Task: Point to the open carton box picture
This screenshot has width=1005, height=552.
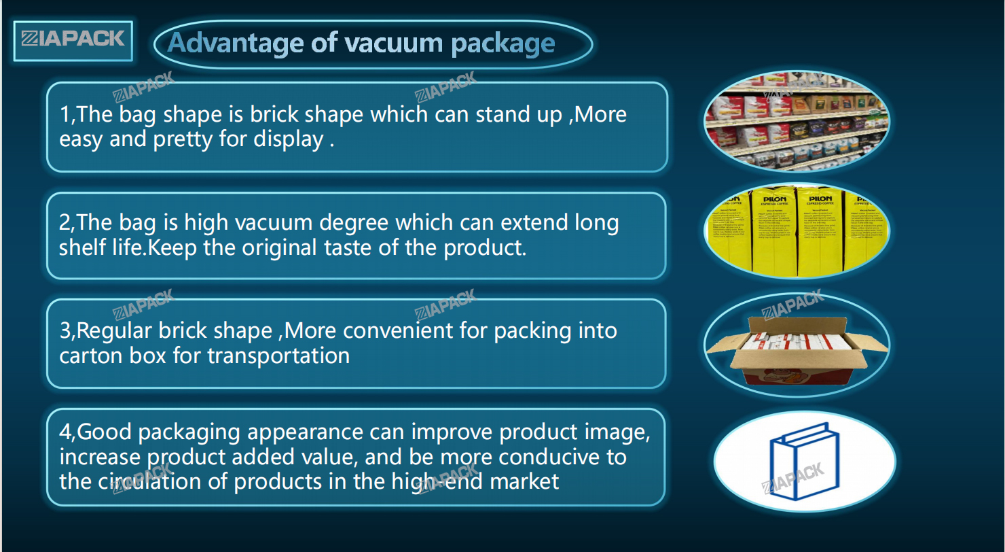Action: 797,351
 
